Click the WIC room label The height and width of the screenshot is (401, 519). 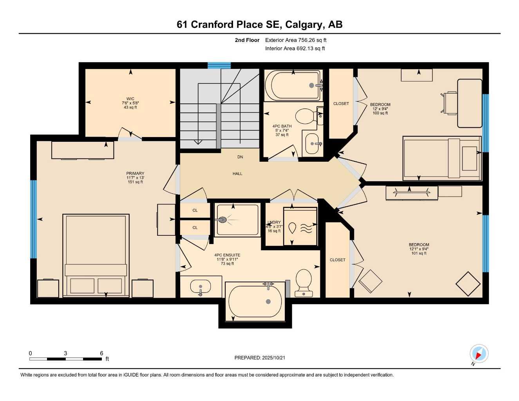tap(130, 99)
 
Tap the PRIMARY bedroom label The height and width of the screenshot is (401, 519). tap(135, 173)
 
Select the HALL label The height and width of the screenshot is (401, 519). tap(237, 173)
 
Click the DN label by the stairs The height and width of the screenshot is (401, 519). tap(240, 157)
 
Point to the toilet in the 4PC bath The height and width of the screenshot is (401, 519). tap(305, 116)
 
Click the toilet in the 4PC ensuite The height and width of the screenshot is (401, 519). tap(304, 282)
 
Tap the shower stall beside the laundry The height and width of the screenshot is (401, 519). tap(237, 220)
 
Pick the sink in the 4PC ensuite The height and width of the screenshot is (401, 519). tap(200, 287)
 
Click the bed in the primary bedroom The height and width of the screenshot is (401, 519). tap(96, 255)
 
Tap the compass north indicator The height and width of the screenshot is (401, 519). tap(478, 354)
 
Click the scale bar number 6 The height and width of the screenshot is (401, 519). tap(101, 353)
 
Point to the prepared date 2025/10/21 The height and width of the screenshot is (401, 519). tap(260, 358)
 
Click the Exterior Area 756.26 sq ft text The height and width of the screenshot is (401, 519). tap(296, 40)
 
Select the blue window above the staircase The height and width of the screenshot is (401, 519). tap(219, 65)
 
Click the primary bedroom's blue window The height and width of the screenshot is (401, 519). tap(34, 219)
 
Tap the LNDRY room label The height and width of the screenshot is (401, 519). tap(274, 222)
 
